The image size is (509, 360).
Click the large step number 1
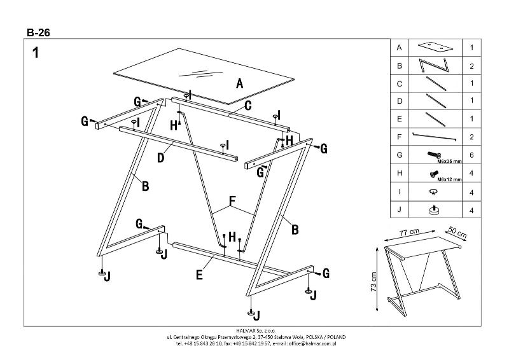[36, 53]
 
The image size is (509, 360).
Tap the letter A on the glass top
[239, 83]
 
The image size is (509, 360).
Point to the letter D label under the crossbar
[161, 156]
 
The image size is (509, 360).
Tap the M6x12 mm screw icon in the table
[434, 172]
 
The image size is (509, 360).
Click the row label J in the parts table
[399, 209]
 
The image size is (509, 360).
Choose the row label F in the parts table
[399, 137]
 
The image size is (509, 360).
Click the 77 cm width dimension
[409, 233]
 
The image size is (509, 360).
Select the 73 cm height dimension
[373, 280]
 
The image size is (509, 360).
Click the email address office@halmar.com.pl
[310, 343]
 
